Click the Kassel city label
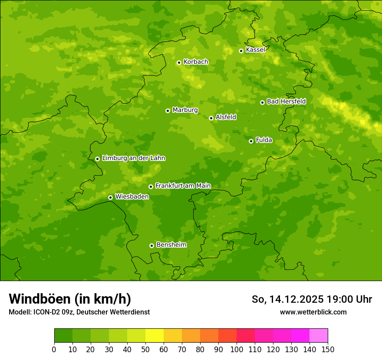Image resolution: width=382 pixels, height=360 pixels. pyautogui.click(x=255, y=50)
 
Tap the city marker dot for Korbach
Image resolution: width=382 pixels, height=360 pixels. pyautogui.click(x=179, y=62)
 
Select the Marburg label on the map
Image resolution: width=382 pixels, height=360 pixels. pyautogui.click(x=185, y=110)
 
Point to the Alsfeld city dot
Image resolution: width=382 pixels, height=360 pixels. pyautogui.click(x=211, y=118)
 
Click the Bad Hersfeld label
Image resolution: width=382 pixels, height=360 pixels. pyautogui.click(x=286, y=101)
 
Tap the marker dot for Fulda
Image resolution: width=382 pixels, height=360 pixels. pyautogui.click(x=251, y=141)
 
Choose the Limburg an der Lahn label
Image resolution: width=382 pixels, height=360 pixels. pyautogui.click(x=133, y=158)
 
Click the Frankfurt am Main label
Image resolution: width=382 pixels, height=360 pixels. pyautogui.click(x=183, y=186)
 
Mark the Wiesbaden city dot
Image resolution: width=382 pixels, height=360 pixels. pyautogui.click(x=110, y=197)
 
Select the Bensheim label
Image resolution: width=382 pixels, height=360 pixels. pyautogui.click(x=171, y=245)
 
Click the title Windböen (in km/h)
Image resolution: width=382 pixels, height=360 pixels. pyautogui.click(x=70, y=299)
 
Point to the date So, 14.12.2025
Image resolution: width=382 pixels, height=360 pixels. pyautogui.click(x=288, y=299)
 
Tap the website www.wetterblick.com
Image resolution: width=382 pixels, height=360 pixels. pyautogui.click(x=313, y=312)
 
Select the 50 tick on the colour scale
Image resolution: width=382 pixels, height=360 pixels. pyautogui.click(x=145, y=349)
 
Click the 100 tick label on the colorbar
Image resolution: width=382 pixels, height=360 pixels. pyautogui.click(x=237, y=349)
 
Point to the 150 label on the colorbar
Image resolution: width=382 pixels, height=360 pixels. pyautogui.click(x=328, y=349)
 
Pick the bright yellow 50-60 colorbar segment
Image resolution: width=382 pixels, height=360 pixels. pyautogui.click(x=155, y=336)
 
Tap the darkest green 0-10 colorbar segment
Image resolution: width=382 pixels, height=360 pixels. pyautogui.click(x=63, y=336)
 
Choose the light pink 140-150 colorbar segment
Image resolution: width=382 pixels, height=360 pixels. pyautogui.click(x=319, y=336)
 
